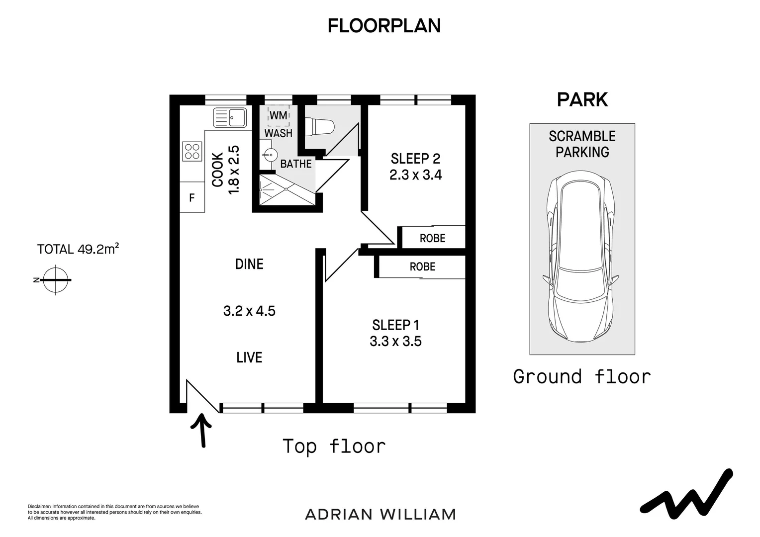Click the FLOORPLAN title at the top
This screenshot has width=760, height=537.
384,26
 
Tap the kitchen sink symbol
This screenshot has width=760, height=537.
230,117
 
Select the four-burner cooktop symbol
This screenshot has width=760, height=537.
192,151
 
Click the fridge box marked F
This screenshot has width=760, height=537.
192,197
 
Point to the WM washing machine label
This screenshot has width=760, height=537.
279,115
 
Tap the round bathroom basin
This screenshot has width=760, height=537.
270,156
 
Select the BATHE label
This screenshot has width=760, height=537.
296,164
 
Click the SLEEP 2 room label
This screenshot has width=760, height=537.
415,159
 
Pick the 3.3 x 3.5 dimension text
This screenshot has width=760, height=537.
395,341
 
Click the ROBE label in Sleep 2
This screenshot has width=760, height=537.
432,238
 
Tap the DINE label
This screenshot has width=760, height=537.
249,264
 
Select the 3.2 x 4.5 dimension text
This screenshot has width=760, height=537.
249,311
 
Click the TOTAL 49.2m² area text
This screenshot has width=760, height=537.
78,249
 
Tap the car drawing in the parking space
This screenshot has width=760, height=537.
580,257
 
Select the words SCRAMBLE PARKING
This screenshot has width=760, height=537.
582,144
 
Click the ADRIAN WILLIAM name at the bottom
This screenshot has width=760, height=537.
380,515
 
